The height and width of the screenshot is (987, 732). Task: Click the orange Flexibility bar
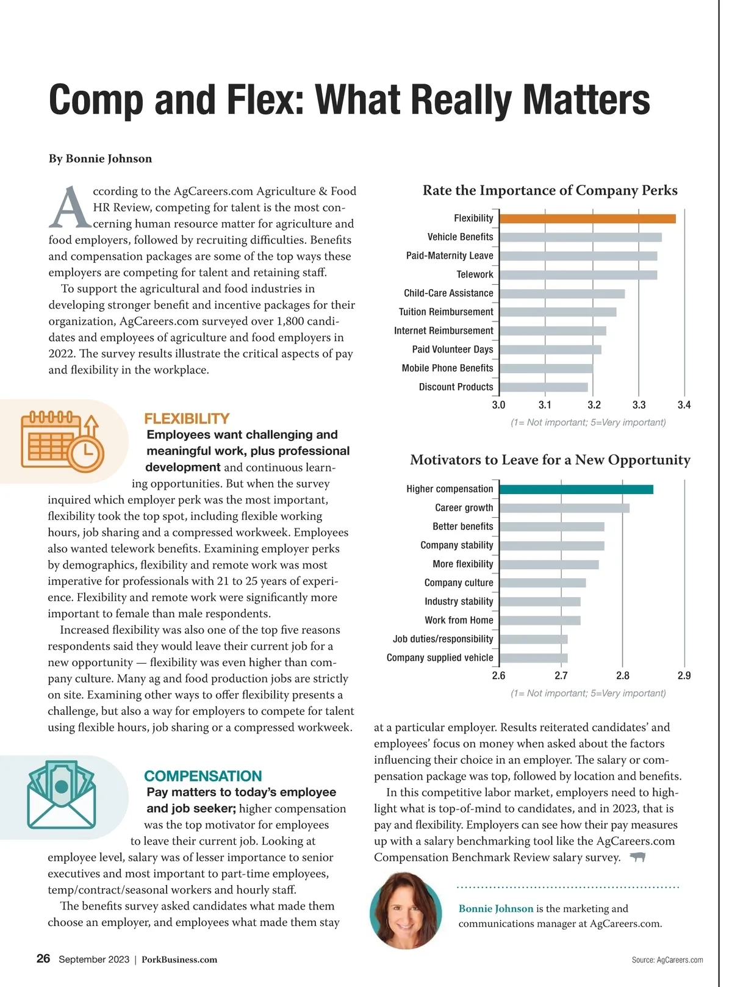click(587, 219)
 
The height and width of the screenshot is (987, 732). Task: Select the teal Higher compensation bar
click(576, 489)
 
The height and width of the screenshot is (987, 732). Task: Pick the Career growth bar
click(564, 508)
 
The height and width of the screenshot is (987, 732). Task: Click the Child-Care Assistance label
click(448, 293)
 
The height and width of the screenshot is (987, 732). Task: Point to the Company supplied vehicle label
click(440, 658)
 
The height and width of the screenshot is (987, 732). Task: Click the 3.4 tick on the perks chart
click(684, 405)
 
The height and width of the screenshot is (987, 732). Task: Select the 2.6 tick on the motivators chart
click(498, 676)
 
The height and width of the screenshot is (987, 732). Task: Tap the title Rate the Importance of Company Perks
click(550, 190)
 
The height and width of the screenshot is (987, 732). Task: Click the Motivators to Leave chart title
click(550, 460)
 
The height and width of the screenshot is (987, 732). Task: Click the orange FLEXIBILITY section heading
click(187, 418)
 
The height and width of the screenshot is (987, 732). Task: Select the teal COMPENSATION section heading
click(203, 776)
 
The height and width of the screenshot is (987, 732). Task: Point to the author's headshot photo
click(406, 910)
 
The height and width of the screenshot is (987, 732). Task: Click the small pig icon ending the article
click(637, 858)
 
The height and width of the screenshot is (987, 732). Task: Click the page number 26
click(43, 959)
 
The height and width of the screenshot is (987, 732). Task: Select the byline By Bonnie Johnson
click(100, 159)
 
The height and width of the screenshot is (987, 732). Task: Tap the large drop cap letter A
click(69, 207)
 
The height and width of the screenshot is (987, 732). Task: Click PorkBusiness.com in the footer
click(179, 960)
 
